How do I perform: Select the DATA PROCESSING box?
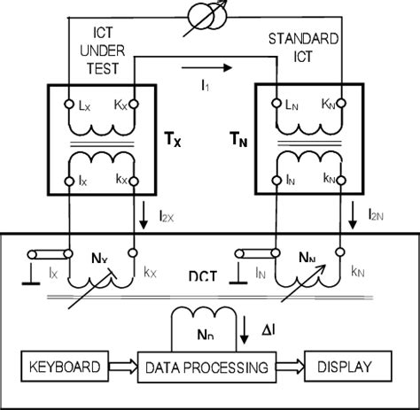(206, 365)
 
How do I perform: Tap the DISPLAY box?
(346, 365)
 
